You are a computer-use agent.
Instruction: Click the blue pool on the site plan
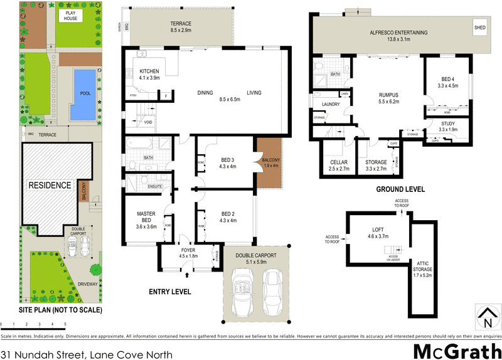(82, 94)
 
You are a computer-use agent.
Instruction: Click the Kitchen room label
(149, 75)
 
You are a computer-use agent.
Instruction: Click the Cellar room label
(338, 165)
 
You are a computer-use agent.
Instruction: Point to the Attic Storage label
(421, 268)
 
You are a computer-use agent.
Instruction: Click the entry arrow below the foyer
(188, 274)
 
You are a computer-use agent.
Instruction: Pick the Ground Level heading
(400, 189)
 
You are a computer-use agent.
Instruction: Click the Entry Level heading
(169, 292)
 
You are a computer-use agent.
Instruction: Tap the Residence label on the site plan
(50, 186)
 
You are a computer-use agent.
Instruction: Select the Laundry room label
(330, 104)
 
